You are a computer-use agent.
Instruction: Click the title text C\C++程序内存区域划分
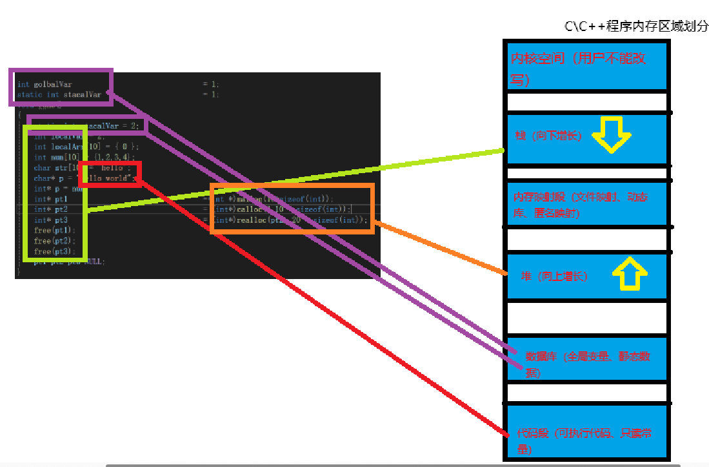(x=636, y=26)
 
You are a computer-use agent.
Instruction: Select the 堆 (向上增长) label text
(x=554, y=276)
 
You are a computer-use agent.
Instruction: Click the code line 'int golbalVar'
(x=45, y=84)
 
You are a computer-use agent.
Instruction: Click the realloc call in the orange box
(x=290, y=220)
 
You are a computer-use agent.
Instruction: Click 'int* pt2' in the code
(x=51, y=209)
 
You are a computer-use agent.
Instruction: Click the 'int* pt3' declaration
(x=51, y=220)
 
